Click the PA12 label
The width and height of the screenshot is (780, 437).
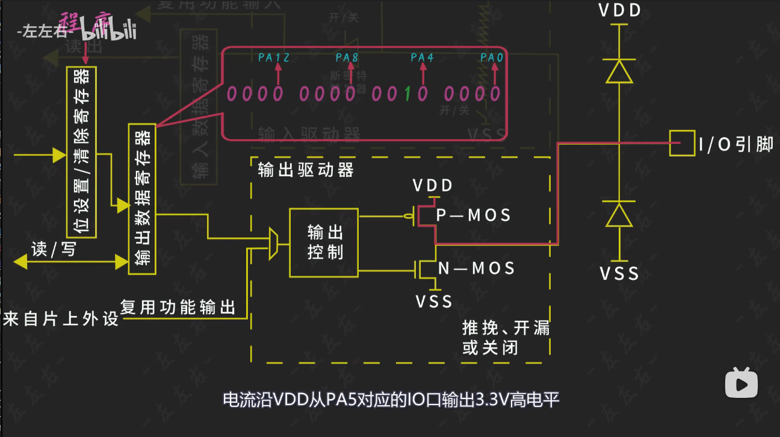pos(274,58)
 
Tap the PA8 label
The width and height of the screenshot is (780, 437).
pos(347,58)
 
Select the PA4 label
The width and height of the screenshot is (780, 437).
pos(422,58)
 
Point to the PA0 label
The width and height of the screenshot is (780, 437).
pos(494,58)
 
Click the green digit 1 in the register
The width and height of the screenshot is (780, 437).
pos(408,94)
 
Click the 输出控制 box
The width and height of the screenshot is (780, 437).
pos(324,243)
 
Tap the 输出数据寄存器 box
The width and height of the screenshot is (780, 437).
pos(142,199)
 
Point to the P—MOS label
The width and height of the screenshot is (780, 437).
pos(473,215)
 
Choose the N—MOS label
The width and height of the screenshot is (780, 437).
pos(476,268)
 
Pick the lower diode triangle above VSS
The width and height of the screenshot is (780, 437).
pos(619,215)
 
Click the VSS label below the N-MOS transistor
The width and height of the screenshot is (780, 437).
pos(434,301)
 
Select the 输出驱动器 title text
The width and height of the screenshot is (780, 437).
pos(306,170)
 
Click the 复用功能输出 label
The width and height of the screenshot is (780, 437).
pos(178,308)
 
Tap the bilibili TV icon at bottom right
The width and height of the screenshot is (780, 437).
pos(741,383)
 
